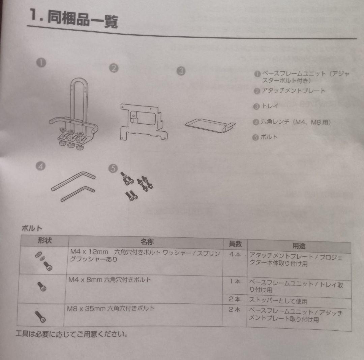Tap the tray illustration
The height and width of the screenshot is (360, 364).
click(x=210, y=125)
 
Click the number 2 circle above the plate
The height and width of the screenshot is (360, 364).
click(x=114, y=68)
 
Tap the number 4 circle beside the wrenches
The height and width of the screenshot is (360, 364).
click(x=41, y=166)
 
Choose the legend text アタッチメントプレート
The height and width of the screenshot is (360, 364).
click(x=293, y=91)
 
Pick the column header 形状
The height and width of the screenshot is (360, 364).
click(x=44, y=240)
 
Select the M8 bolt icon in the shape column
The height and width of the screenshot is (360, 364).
click(x=40, y=316)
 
